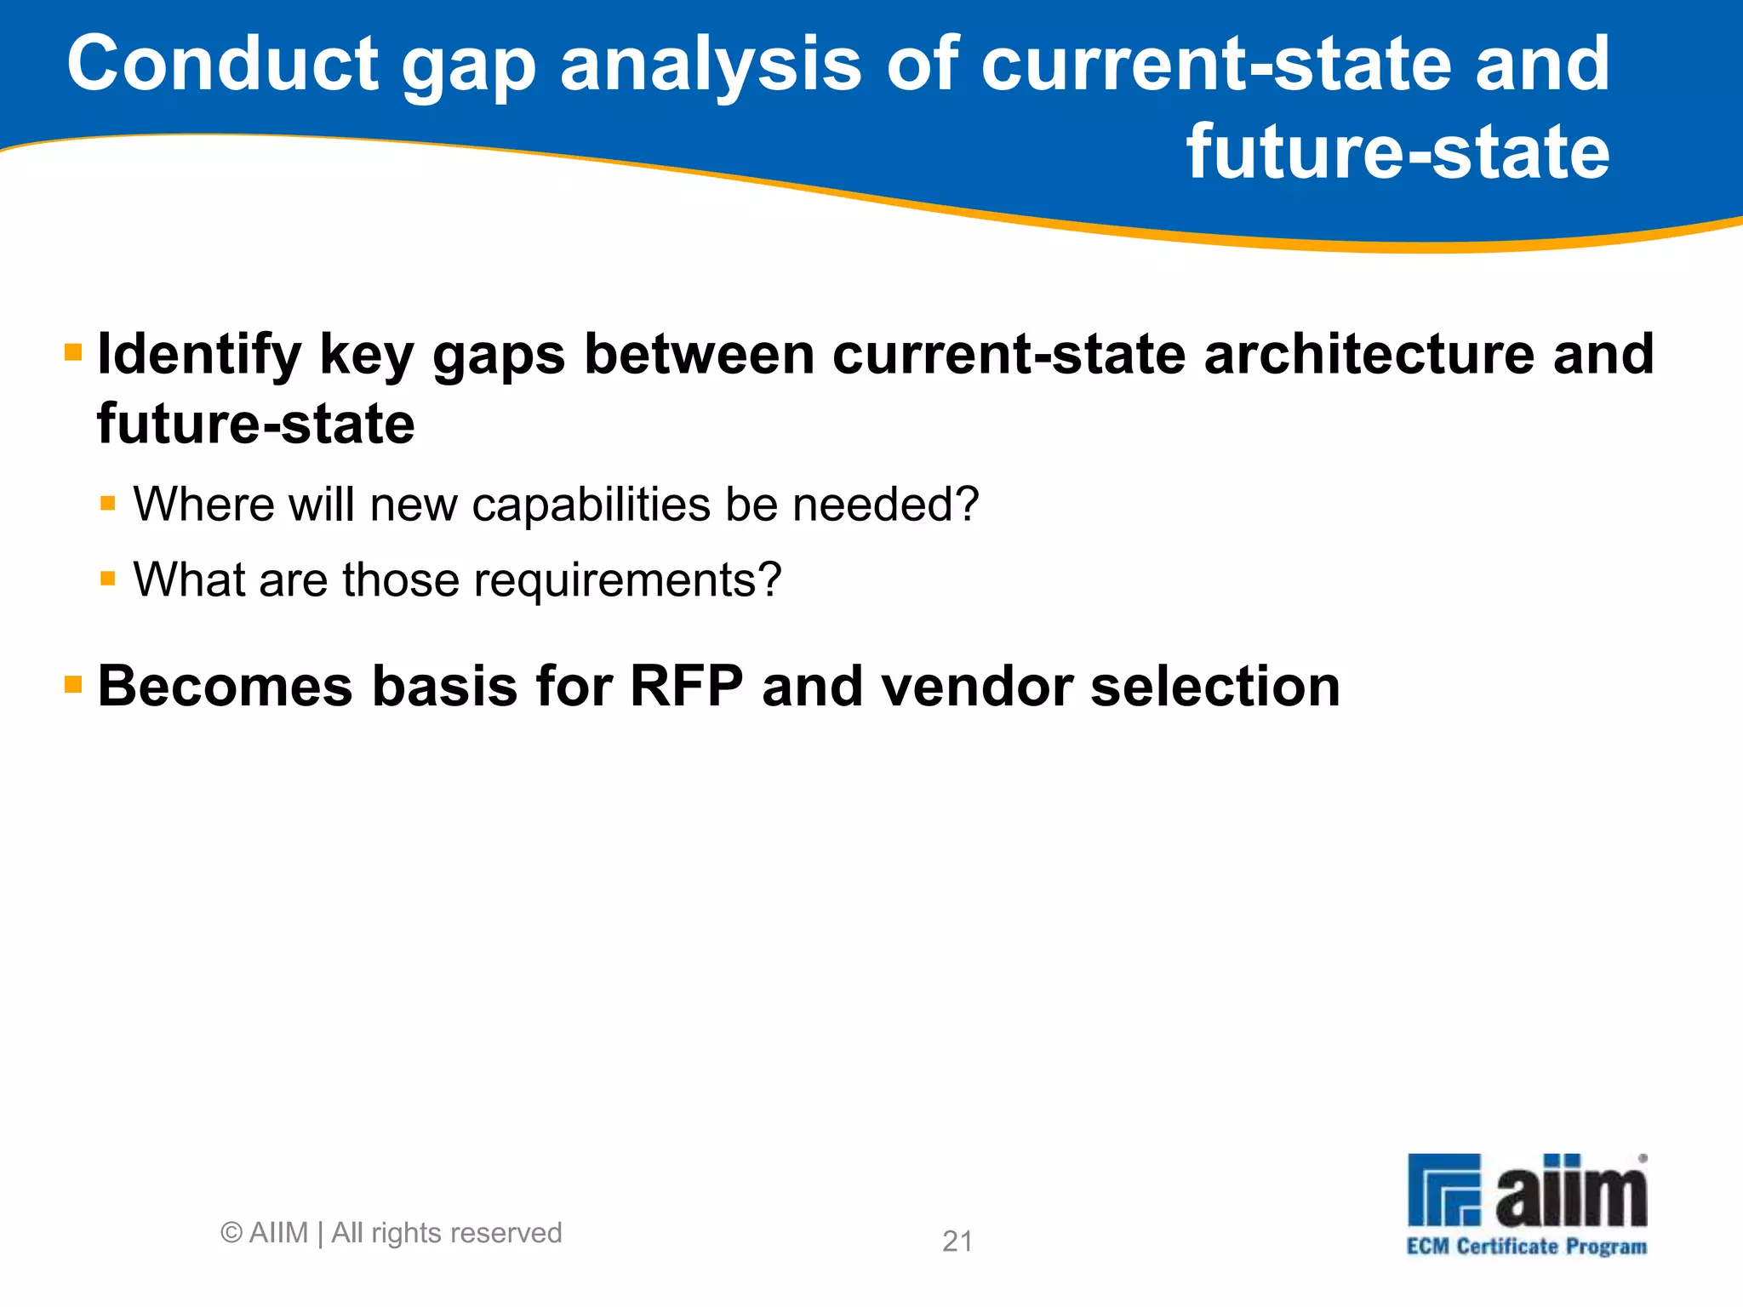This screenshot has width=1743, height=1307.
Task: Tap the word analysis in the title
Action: pyautogui.click(x=711, y=66)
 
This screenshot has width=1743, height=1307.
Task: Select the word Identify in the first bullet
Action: pyautogui.click(x=199, y=355)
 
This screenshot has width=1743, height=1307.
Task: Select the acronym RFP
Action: pyautogui.click(x=686, y=686)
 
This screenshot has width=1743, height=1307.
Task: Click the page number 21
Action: pyautogui.click(x=957, y=1241)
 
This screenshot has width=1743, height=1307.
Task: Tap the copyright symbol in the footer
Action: pyautogui.click(x=231, y=1233)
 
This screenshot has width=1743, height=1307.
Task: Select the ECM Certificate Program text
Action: pyautogui.click(x=1526, y=1247)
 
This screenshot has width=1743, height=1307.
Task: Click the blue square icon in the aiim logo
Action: pyautogui.click(x=1444, y=1190)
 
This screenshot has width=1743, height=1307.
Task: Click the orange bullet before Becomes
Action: pyautogui.click(x=73, y=684)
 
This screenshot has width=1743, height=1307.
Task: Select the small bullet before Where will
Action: pyautogui.click(x=108, y=504)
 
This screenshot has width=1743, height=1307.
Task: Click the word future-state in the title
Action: pyautogui.click(x=1397, y=152)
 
